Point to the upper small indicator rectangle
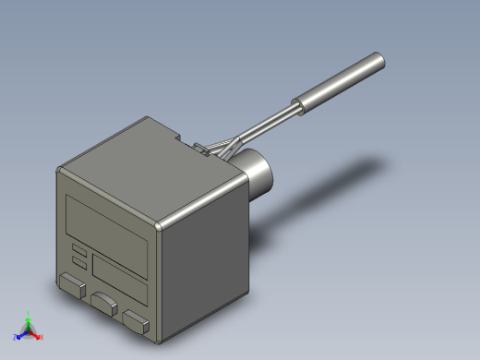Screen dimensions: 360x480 79,250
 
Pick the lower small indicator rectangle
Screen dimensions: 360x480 79,263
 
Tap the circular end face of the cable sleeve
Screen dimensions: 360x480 377,62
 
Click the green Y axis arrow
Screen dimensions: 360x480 29,316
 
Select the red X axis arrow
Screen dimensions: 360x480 39,336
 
